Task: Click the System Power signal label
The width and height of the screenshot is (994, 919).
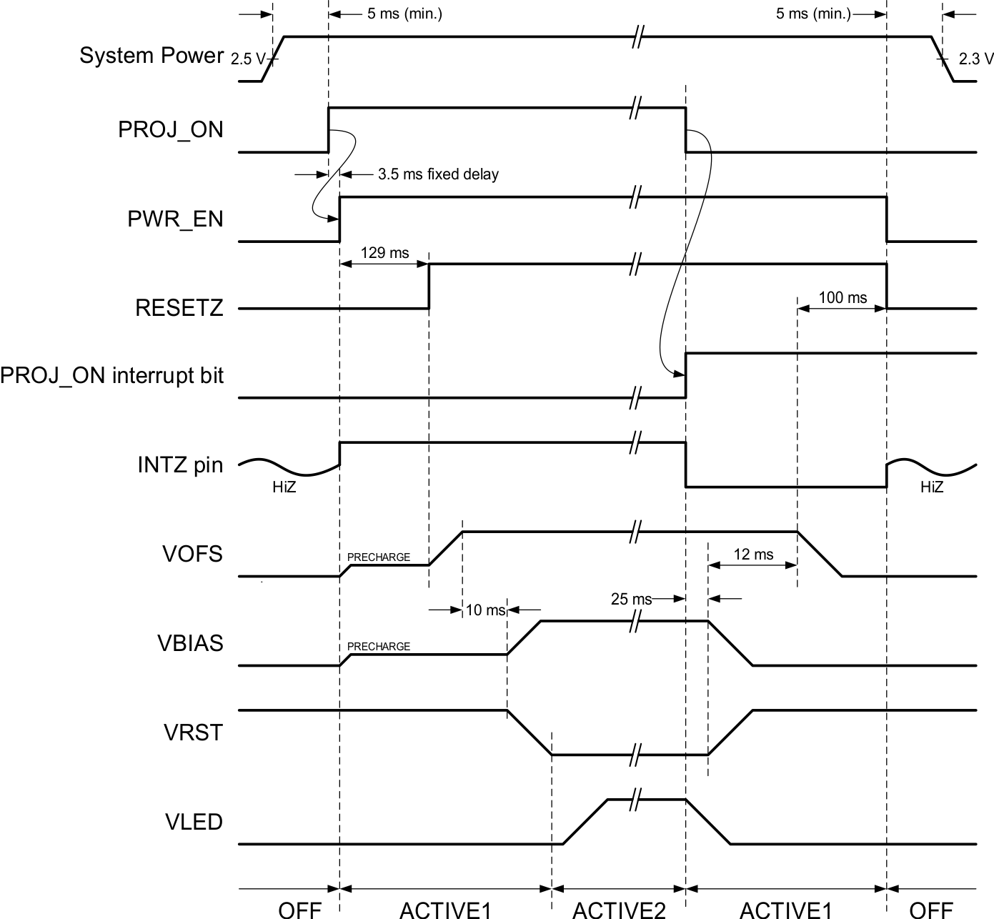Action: (151, 56)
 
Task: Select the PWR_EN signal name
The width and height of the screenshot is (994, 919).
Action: (175, 219)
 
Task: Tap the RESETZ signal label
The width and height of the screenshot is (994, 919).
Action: (179, 308)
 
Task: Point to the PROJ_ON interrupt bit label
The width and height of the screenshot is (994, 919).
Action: (112, 375)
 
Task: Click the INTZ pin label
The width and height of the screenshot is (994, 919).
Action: (180, 465)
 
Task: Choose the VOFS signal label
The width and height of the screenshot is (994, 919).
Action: (192, 554)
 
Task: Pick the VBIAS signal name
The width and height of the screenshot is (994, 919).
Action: (190, 643)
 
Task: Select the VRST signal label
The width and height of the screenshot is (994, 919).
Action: (193, 732)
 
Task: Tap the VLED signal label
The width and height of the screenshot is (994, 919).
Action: (194, 822)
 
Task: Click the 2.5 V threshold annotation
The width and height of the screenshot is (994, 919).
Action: (247, 59)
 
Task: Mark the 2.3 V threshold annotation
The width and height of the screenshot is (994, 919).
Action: (976, 59)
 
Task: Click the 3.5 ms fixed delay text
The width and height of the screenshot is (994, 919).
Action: (438, 174)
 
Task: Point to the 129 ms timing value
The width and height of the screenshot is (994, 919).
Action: (384, 253)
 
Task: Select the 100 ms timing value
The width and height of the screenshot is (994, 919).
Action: (843, 297)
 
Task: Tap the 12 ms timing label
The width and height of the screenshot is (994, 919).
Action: (753, 555)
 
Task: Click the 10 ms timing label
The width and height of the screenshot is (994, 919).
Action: (485, 610)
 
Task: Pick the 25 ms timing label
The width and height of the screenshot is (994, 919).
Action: (631, 599)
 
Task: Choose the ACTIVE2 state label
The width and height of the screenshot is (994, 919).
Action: (619, 910)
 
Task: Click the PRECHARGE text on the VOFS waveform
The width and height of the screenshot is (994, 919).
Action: (379, 557)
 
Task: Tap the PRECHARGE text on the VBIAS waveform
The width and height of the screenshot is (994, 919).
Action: (379, 647)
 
